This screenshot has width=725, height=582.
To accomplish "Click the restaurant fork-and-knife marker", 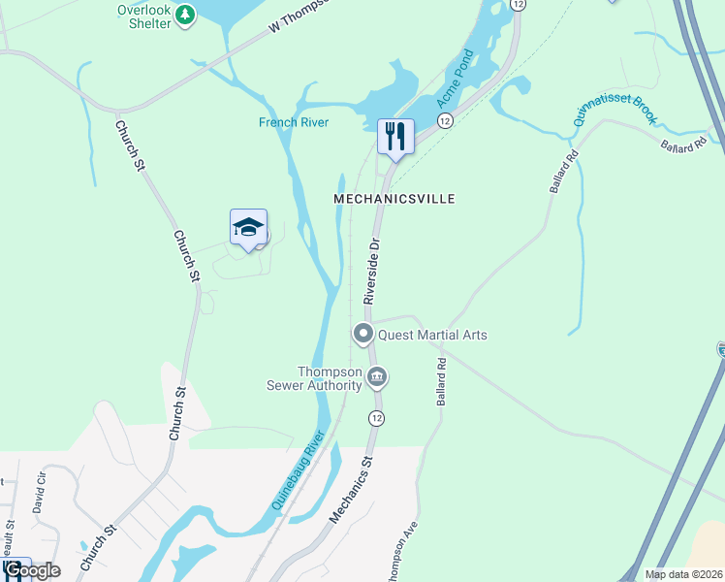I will pos(395,135).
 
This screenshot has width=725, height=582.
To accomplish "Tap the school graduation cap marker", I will pos(248,228).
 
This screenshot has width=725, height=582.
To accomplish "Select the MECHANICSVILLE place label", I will pos(394,198).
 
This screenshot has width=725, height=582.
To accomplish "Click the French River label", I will pos(293,122).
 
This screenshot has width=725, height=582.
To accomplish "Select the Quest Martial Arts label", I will pos(432,336).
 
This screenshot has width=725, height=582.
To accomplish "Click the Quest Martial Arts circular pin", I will pos(363,335).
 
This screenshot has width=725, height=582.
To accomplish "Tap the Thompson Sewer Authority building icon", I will pos(377,376).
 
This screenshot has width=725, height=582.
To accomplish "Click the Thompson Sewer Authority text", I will pos(330,378).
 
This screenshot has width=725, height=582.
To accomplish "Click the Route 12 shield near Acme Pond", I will pos(444,120).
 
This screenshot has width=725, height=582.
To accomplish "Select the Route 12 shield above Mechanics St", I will pos(376,417).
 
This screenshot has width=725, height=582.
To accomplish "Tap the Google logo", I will pos(31,570).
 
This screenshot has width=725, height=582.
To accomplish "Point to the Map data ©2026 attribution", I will pos(681,574).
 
